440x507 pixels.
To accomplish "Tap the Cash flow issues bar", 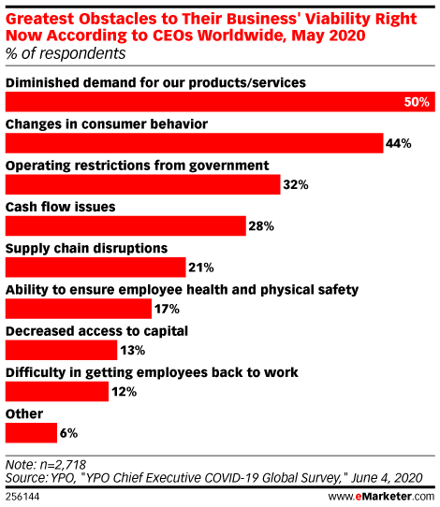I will (125, 226).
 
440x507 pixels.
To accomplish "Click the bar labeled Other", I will (29, 432).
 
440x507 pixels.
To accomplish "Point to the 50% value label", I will (418, 102).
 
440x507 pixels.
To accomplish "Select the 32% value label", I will (296, 185).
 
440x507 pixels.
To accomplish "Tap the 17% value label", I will (167, 309).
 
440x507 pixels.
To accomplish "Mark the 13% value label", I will (132, 351).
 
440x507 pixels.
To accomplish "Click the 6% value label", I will (67, 433).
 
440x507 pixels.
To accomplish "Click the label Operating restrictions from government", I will (138, 166).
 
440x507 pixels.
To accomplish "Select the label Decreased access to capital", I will (97, 330).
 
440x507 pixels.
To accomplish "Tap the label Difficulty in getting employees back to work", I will (152, 371).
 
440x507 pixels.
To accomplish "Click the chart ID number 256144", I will (24, 495).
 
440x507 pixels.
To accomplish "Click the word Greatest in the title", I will (37, 14).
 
